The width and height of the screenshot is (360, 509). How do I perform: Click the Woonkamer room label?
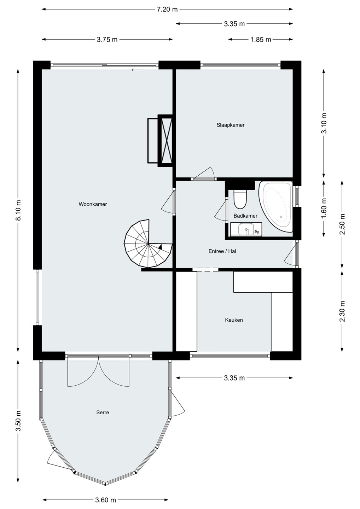point(93,204)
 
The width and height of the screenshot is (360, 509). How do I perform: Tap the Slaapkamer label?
point(231,125)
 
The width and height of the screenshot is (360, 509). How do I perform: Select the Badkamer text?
point(245,216)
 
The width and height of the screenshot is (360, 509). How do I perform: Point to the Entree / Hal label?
point(222,251)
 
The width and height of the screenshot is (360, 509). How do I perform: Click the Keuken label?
point(234,320)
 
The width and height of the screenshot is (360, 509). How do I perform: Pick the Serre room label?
point(103,413)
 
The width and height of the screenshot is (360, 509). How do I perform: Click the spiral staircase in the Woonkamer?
point(148,243)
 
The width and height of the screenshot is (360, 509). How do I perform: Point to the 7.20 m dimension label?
point(167,9)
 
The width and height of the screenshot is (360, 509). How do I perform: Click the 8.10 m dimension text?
point(18,210)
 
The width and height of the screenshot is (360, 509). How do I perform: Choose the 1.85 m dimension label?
point(261,40)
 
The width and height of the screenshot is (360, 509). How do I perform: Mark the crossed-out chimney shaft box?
point(166,141)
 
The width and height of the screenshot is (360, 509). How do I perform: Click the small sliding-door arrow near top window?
point(137,70)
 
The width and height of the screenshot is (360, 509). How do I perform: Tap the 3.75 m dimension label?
point(107,40)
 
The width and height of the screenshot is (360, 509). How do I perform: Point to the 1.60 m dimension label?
point(324,208)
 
